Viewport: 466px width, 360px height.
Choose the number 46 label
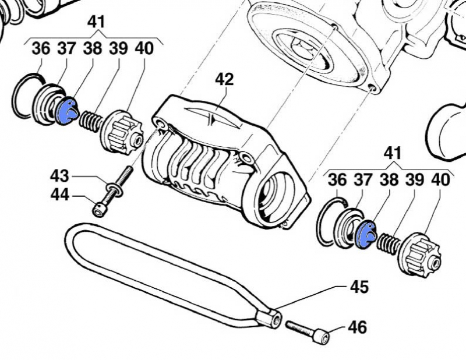tap(357, 327)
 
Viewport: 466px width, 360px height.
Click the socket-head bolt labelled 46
tap(308, 331)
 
